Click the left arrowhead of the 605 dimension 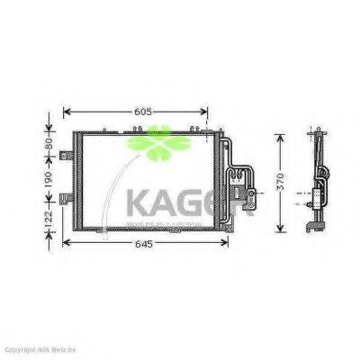pyautogui.click(x=66, y=112)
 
